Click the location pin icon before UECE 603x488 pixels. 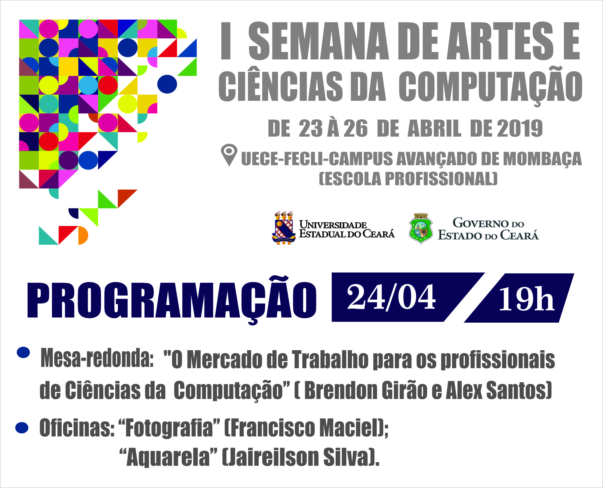[229, 154]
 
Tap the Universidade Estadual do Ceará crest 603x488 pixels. [284, 228]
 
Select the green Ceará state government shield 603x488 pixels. [420, 228]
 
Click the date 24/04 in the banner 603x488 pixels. [391, 297]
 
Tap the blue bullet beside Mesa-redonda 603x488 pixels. [23, 353]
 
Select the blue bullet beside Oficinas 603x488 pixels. [22, 428]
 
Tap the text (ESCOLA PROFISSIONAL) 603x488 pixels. [408, 178]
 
